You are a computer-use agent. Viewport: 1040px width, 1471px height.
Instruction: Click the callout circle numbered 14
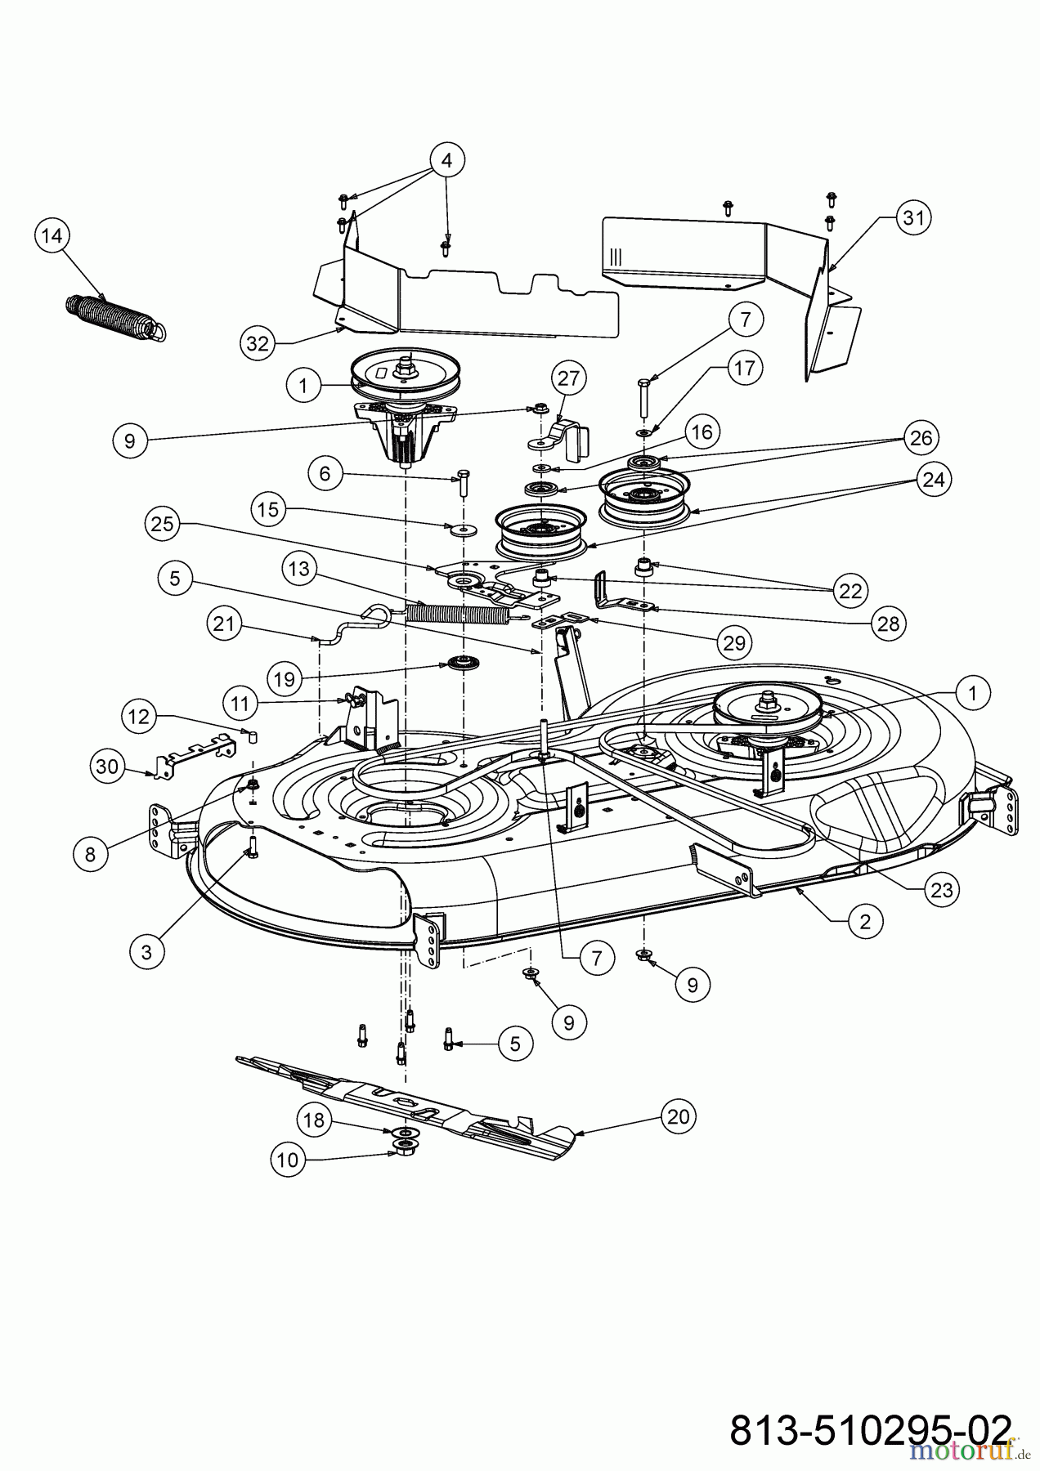tap(52, 235)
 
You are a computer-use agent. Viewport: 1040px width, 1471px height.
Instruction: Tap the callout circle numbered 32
tap(258, 343)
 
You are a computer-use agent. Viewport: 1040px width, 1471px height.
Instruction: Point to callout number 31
tap(913, 217)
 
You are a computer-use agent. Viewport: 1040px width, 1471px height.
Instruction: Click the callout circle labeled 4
tap(446, 160)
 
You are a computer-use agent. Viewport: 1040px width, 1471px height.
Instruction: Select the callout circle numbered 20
tap(679, 1116)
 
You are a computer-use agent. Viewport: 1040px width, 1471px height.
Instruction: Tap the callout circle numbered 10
tap(288, 1159)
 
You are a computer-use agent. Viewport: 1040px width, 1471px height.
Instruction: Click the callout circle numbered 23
tap(943, 889)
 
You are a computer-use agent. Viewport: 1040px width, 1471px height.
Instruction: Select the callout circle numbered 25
tap(163, 523)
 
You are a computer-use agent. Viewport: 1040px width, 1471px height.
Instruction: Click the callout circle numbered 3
tap(147, 951)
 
